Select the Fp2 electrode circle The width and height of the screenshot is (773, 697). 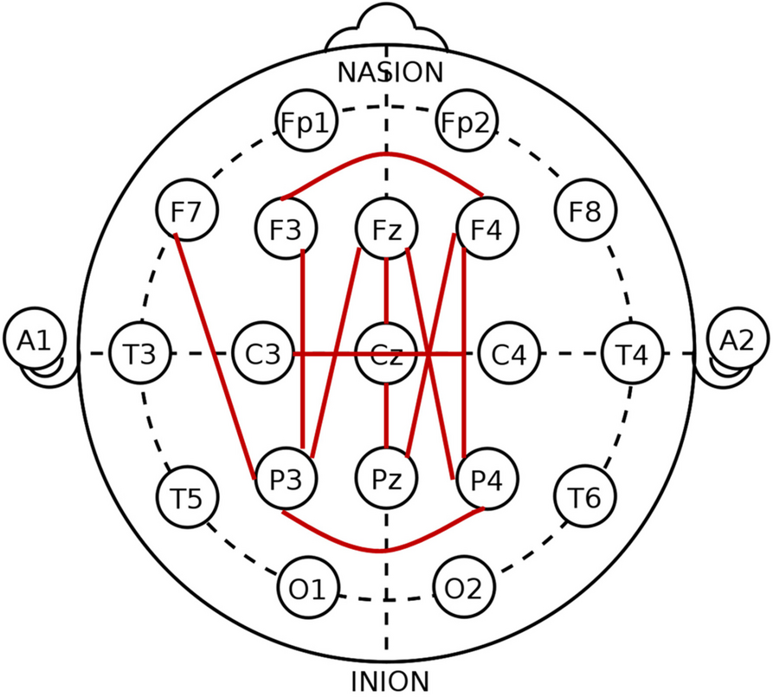click(x=467, y=123)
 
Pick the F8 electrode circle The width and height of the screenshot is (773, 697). click(x=586, y=211)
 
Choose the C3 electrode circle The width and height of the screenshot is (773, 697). click(x=264, y=353)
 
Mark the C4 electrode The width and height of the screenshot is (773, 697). click(x=509, y=353)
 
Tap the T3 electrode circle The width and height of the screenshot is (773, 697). click(x=140, y=353)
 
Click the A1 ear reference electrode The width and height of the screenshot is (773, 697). click(x=32, y=341)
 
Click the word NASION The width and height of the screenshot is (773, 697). click(x=390, y=72)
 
